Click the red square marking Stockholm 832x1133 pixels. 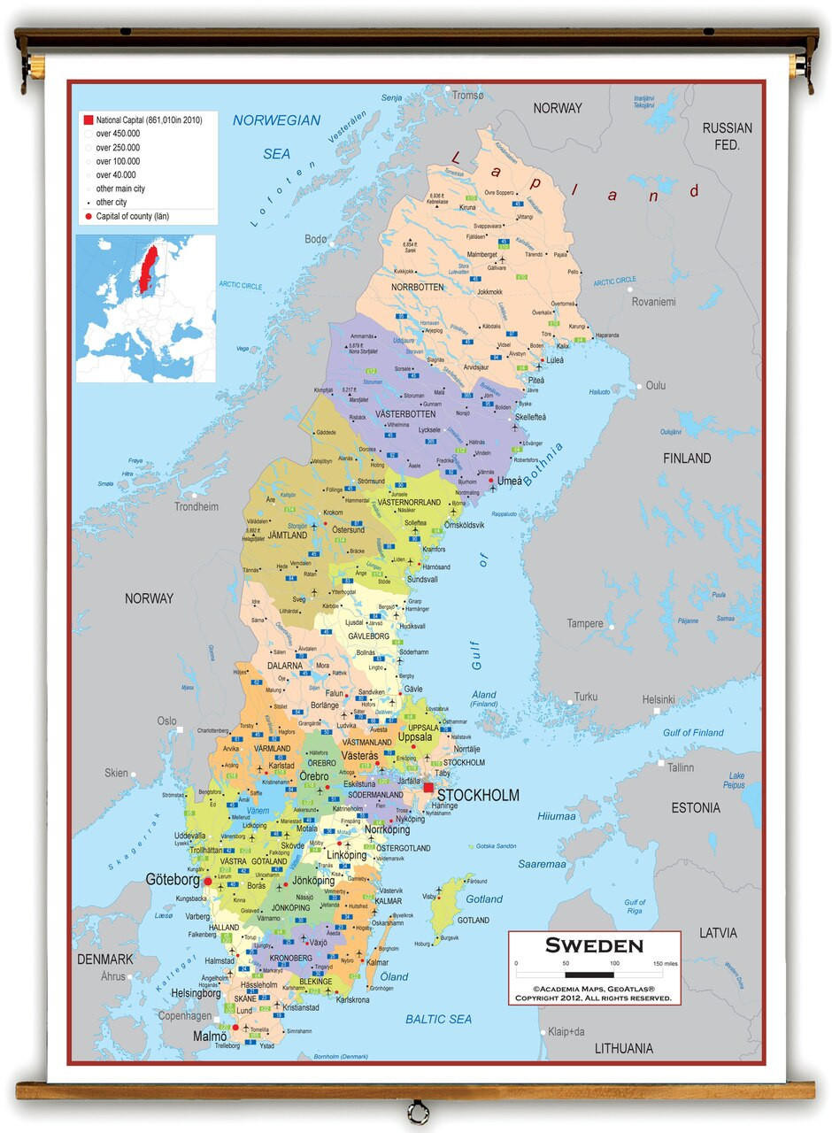tap(428, 787)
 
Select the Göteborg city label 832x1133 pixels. tap(173, 880)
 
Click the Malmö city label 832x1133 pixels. tap(211, 1036)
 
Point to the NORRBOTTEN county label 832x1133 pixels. tap(416, 287)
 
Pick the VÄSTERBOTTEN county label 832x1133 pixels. tap(405, 413)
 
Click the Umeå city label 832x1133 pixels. tap(510, 481)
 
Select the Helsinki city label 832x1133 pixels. tap(659, 699)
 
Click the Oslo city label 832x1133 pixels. tap(167, 721)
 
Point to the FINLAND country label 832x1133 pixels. tap(687, 458)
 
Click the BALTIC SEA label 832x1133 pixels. tap(438, 1019)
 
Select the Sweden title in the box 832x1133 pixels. tap(594, 945)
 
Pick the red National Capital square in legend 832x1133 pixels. tap(88, 119)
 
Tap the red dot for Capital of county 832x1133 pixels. tap(88, 216)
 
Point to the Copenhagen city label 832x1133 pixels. tap(185, 1016)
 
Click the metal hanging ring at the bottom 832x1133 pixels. tap(417, 1112)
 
